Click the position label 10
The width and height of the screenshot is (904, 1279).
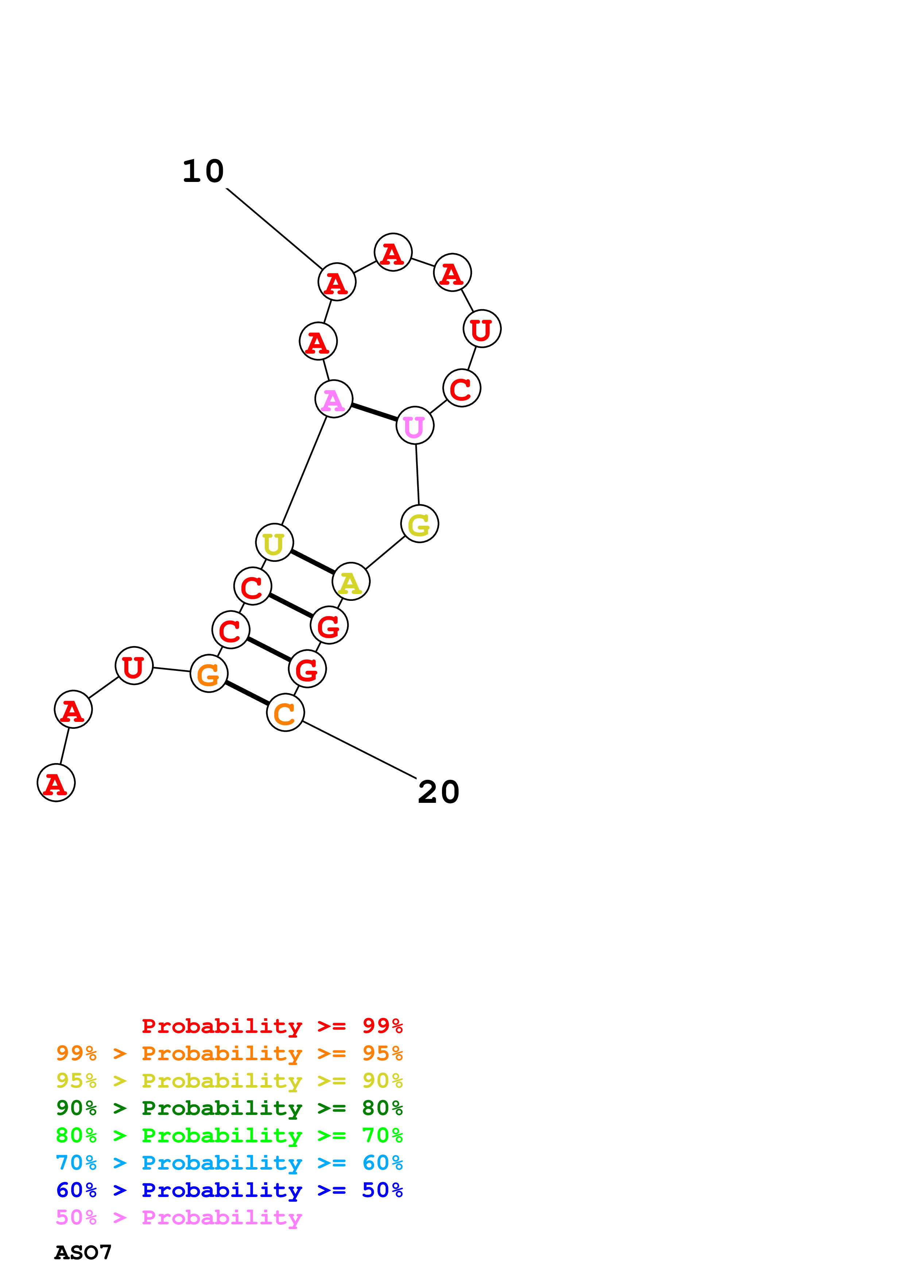pos(203,171)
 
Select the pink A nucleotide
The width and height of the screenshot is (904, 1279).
pos(334,399)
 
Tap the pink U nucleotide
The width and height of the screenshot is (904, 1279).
pos(414,425)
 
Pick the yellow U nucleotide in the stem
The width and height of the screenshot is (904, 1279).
pos(274,542)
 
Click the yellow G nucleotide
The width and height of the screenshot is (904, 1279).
pos(419,524)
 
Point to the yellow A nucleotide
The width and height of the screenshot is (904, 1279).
pos(351,582)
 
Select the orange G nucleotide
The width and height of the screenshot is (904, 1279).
pos(209,674)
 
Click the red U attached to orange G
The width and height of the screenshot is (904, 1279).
pos(134,666)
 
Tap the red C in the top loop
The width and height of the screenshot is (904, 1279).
pos(462,388)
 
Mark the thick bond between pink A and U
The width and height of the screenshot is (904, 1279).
pos(374,412)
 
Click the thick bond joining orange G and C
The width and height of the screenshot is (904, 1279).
pos(247,693)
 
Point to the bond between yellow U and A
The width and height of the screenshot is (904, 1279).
pos(313,561)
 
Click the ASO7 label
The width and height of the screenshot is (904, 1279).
pos(83,1252)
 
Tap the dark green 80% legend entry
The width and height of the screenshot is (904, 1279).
pos(229,1108)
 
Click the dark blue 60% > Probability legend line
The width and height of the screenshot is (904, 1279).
pos(229,1190)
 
